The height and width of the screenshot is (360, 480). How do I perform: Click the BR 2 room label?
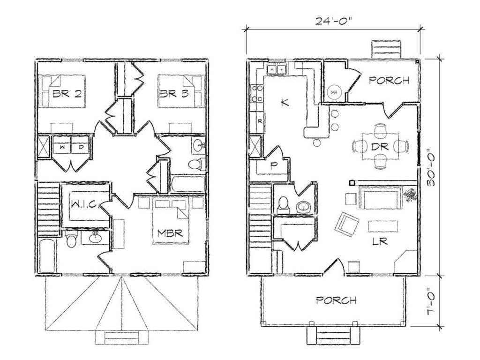[x=67, y=93]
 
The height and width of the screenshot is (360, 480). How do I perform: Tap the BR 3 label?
[x=174, y=93]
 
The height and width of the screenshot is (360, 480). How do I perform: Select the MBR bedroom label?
[x=170, y=233]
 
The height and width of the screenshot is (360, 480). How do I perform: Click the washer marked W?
[x=62, y=147]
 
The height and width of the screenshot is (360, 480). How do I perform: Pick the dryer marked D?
[x=80, y=147]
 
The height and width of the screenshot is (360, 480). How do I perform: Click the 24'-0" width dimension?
[x=333, y=21]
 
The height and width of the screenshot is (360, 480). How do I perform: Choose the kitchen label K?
[x=285, y=103]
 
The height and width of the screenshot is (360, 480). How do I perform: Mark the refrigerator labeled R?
[x=257, y=122]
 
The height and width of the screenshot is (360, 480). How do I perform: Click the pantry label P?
[x=273, y=165]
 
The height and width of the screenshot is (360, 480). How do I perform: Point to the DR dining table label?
[x=380, y=147]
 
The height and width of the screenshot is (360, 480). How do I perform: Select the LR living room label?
[x=380, y=241]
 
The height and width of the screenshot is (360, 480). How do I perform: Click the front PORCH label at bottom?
[x=337, y=300]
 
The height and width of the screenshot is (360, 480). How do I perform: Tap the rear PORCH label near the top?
[x=389, y=80]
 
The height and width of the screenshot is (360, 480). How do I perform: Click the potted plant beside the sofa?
[x=410, y=195]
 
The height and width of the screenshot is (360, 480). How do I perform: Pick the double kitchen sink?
[x=277, y=69]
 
